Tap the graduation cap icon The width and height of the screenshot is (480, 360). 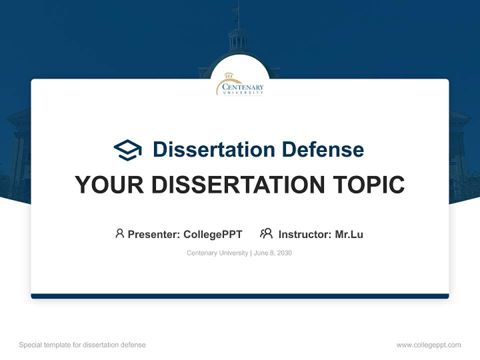(127, 149)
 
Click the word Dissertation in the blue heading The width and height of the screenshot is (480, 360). (213, 149)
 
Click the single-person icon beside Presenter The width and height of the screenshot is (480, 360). (119, 233)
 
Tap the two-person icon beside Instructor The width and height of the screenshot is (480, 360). (266, 233)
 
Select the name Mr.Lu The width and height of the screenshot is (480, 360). (349, 234)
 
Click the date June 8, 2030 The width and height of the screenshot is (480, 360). (273, 253)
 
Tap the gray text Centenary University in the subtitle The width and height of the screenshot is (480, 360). (217, 253)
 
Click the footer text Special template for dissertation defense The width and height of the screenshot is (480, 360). (82, 345)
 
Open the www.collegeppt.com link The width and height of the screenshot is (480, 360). (428, 345)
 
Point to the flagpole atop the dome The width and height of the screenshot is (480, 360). (238, 15)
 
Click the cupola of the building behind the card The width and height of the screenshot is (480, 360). (238, 40)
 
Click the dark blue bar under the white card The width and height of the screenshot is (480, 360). (239, 296)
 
